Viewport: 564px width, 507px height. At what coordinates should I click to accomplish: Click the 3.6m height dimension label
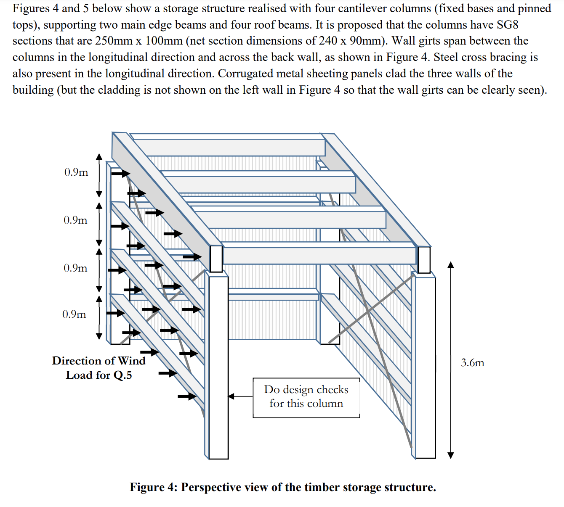472,362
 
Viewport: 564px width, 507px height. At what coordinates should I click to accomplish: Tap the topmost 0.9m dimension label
76,172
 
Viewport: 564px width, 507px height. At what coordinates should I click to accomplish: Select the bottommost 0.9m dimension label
74,314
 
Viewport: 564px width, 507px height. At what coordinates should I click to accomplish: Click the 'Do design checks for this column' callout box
306,397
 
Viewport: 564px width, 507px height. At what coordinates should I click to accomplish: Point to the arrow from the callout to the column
240,396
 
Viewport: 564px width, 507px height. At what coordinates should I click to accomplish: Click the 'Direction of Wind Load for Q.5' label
98,368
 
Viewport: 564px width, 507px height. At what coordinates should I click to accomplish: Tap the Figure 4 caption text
282,487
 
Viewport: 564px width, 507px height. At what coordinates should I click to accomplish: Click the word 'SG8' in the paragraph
507,24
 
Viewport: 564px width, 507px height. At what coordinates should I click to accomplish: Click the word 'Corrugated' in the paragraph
247,74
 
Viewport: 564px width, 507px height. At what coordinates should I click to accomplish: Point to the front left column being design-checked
218,366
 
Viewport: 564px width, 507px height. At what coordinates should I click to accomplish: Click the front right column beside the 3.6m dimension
425,366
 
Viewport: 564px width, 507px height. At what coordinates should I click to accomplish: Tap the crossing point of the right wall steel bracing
368,312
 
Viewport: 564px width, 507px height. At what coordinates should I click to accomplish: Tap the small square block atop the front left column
216,259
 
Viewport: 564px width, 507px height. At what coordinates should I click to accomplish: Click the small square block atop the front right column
424,260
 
